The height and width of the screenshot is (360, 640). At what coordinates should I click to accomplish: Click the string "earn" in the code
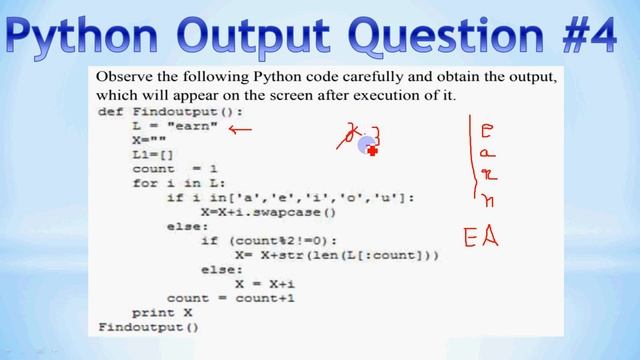198,128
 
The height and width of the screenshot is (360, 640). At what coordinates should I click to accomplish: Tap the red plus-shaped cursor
372,151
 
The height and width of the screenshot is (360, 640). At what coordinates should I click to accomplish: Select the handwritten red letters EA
480,238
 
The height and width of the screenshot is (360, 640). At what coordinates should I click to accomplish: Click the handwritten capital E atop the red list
487,131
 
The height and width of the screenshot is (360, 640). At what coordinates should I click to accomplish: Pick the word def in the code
110,112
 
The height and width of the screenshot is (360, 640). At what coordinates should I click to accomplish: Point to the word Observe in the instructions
122,77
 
